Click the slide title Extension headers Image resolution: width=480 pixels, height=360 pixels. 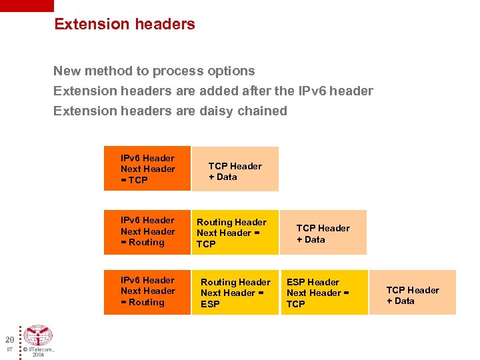tap(125, 24)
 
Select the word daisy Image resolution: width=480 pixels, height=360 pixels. tap(217, 111)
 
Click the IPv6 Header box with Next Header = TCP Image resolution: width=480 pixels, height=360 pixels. tap(147, 169)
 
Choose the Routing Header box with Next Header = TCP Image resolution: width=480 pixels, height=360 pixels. tap(235, 233)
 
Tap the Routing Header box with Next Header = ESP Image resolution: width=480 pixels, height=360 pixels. tap(235, 293)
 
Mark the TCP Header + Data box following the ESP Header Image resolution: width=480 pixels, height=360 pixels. tap(412, 293)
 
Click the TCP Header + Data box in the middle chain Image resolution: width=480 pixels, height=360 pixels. tap(323, 233)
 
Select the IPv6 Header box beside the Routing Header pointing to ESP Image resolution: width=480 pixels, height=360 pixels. tap(147, 292)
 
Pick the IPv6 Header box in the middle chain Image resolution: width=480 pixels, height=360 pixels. tap(147, 232)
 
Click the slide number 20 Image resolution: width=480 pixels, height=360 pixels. tap(9, 339)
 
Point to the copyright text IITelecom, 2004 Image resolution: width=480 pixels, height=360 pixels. tap(38, 351)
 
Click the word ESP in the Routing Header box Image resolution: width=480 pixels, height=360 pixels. tap(210, 304)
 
